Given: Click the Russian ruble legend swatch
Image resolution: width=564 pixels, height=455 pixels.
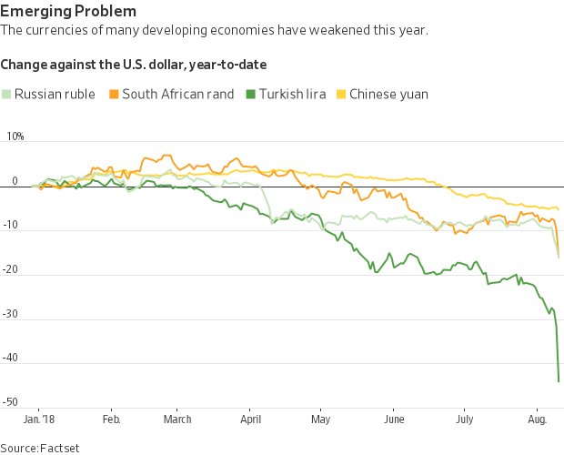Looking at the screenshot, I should (x=6, y=94).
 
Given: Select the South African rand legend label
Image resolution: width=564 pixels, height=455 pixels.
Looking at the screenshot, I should (x=177, y=94).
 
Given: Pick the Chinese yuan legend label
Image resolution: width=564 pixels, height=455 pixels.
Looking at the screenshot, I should (x=388, y=94).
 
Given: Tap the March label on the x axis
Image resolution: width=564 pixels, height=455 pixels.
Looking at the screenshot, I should (x=177, y=420).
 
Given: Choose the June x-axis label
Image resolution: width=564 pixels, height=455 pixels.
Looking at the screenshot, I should (x=394, y=420).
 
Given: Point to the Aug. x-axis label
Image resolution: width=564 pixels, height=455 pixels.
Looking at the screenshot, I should (x=536, y=420).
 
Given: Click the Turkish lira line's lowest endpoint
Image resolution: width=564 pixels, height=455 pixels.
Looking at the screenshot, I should (x=559, y=381).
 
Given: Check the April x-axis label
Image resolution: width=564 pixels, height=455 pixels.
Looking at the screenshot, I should (x=250, y=420).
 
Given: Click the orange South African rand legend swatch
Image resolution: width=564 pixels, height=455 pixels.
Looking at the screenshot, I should (x=114, y=94).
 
